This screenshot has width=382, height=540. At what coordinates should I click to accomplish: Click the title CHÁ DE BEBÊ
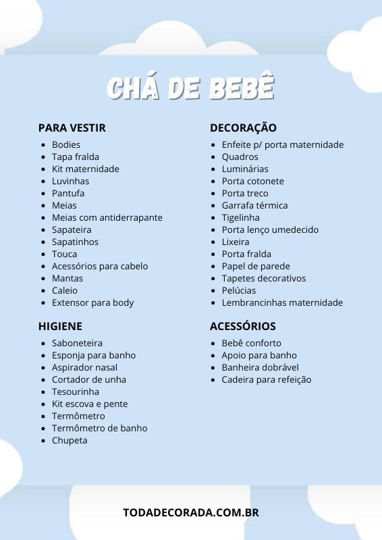point(191,88)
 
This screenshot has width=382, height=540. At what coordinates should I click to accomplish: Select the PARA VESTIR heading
point(72,128)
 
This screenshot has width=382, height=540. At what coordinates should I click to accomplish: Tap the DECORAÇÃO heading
point(243,128)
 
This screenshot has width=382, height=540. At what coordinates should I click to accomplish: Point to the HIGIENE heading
point(60,326)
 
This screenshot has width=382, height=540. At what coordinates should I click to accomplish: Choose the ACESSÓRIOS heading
point(242,326)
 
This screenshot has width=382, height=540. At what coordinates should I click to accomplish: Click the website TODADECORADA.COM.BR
point(191,512)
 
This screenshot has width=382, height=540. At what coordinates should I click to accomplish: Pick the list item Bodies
point(66,144)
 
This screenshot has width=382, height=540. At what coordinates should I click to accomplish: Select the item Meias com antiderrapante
point(107,217)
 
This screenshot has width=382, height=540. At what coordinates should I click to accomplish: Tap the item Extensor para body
point(92,302)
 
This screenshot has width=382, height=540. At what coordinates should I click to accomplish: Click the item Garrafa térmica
point(254,205)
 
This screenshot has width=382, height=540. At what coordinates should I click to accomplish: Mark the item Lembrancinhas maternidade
point(282,302)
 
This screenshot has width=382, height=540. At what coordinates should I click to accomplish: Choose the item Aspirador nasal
point(84,367)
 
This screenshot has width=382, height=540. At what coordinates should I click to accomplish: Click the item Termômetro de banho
point(99,428)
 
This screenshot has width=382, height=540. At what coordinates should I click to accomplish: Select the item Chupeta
point(70,440)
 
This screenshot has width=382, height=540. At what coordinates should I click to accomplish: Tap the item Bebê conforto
point(251,343)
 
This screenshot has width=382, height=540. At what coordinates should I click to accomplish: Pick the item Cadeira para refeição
point(266,379)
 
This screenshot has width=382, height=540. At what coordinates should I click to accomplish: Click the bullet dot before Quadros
point(214,157)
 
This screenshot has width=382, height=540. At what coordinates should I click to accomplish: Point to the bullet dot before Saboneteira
point(44,344)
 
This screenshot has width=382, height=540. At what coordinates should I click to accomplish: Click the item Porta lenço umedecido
point(270,230)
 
